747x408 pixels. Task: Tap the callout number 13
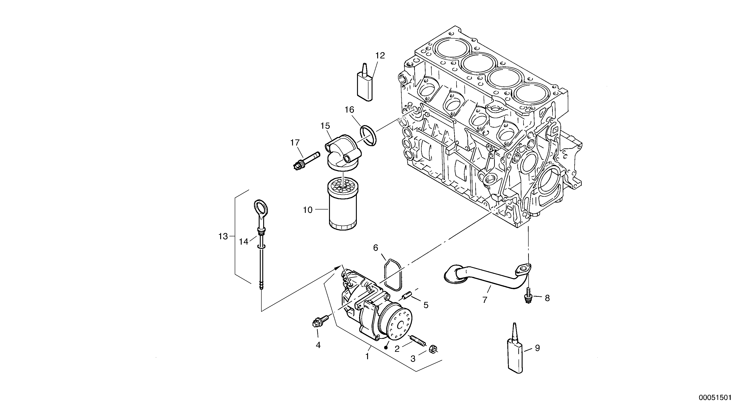pos(223,237)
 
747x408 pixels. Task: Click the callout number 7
pos(485,300)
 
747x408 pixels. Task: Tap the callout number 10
pos(308,210)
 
